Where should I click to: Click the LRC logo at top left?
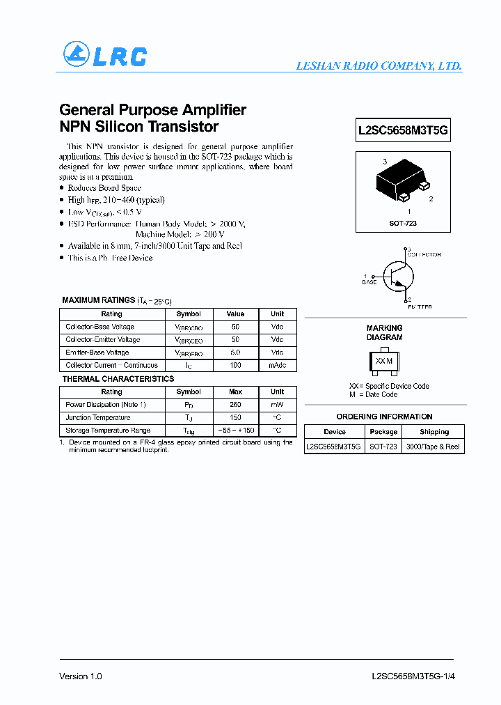[104, 55]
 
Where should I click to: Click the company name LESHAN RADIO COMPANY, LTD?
[379, 66]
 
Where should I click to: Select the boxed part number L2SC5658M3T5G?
[403, 130]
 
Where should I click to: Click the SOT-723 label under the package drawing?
[403, 224]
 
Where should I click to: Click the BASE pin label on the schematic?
[369, 282]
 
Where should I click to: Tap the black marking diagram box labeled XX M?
[384, 361]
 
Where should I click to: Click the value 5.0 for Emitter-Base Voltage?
[235, 352]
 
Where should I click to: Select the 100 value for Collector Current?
[235, 365]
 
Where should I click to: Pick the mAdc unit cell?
[277, 365]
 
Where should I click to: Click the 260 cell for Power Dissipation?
[235, 405]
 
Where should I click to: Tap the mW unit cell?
[277, 405]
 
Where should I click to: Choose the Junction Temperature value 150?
[235, 417]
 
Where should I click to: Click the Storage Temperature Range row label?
[108, 431]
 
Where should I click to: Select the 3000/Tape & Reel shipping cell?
[433, 447]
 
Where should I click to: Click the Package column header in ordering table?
[383, 432]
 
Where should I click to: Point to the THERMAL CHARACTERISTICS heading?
[118, 379]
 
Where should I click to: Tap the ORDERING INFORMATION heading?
[384, 417]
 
